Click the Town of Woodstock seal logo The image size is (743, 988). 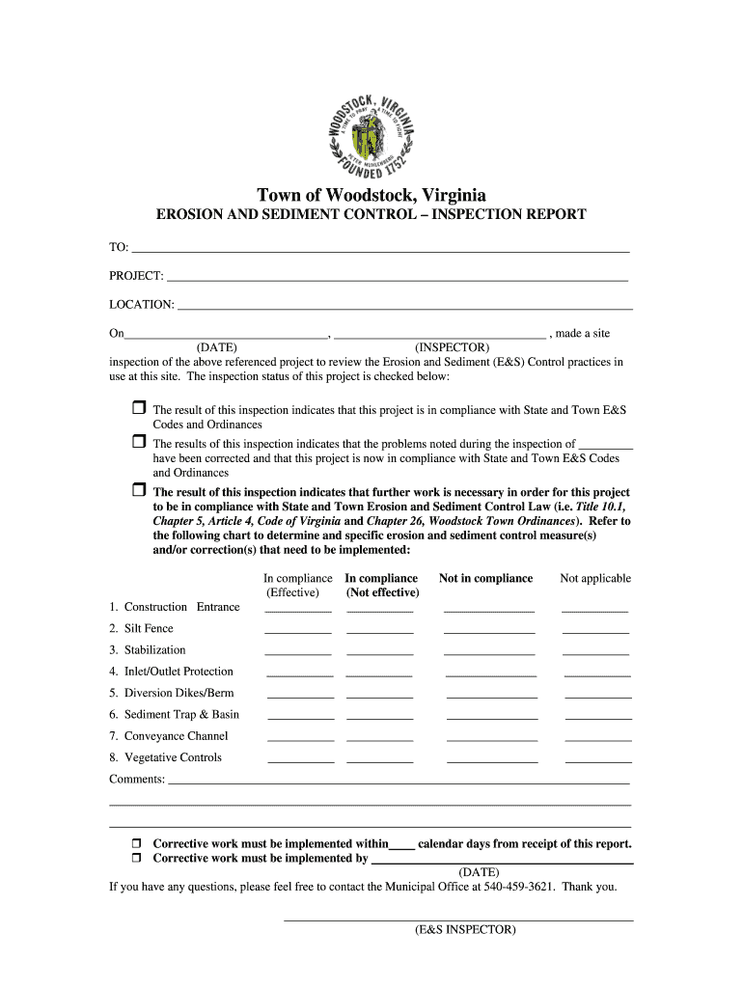click(371, 133)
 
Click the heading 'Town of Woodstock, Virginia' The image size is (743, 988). click(371, 195)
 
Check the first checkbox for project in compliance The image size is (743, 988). click(138, 408)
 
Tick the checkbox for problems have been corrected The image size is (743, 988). click(138, 442)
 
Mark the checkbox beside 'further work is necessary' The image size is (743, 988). click(138, 490)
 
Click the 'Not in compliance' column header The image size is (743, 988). click(485, 579)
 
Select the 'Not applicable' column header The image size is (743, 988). click(595, 579)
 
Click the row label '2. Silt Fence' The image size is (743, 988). click(141, 629)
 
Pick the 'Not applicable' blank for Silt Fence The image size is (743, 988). click(595, 631)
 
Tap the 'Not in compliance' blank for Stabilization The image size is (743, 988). click(489, 653)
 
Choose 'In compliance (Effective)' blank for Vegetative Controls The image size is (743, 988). click(300, 760)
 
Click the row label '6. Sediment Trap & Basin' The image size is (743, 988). click(174, 715)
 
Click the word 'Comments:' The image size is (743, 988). click(137, 780)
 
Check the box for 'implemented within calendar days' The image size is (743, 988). click(137, 843)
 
